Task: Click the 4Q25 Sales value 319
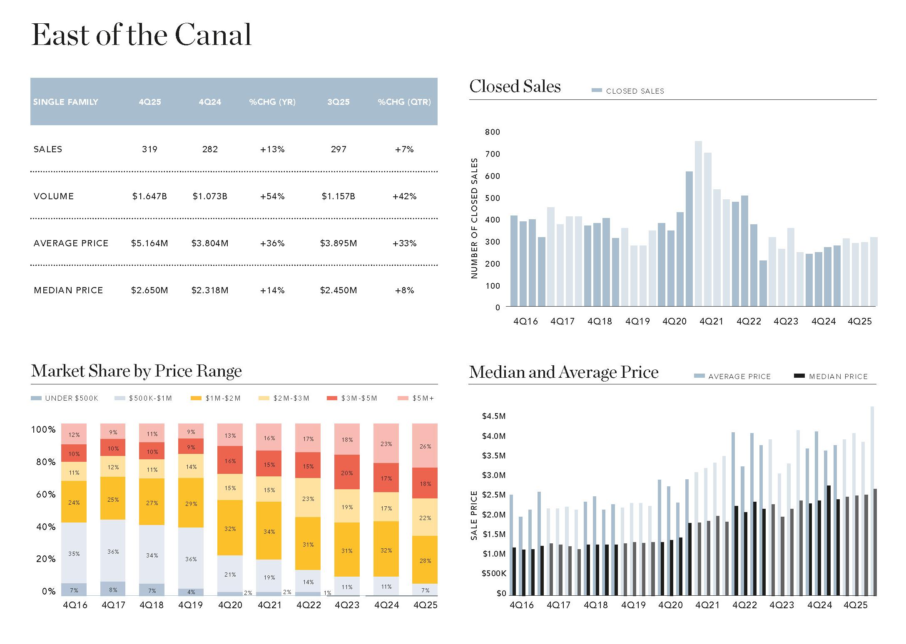149,149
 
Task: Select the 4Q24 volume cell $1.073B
210,196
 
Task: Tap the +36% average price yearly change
272,243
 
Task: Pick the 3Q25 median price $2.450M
339,290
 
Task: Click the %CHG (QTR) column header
404,102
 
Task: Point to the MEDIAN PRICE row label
68,290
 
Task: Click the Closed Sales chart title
515,87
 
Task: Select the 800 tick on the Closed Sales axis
493,132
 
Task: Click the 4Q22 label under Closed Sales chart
749,322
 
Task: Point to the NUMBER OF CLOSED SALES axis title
474,218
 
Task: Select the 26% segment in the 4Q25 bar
425,446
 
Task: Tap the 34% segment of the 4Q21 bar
269,531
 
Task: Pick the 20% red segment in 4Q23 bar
347,473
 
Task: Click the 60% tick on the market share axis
46,495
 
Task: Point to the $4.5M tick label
494,416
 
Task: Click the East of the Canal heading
142,35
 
